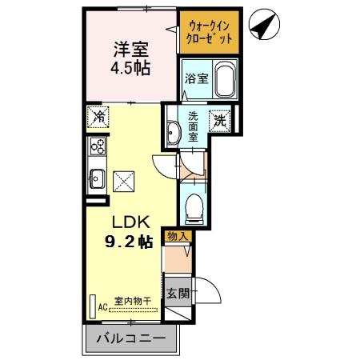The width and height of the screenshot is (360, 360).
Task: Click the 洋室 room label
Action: (128, 46)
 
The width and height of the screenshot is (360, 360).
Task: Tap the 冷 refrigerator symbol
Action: (98, 118)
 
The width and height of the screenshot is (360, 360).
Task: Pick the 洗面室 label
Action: (194, 126)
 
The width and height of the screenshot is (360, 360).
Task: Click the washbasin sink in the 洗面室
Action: (173, 131)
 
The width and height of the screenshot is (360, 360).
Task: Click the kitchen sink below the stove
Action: (98, 177)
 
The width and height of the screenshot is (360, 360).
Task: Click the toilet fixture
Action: (193, 210)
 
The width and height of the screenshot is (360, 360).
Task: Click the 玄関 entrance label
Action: (178, 293)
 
